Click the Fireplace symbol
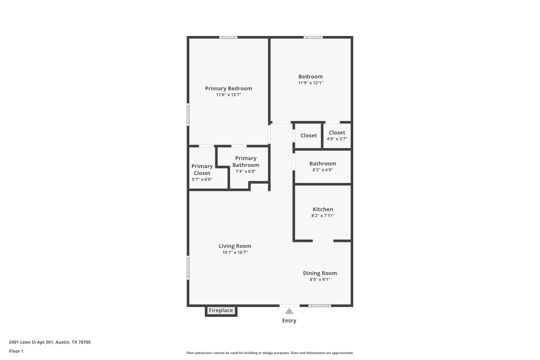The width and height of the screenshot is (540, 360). (x=221, y=311)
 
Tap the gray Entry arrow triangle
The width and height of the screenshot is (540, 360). (x=289, y=311)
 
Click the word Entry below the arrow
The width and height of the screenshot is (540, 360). (x=289, y=321)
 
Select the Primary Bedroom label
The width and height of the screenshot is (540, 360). (x=229, y=89)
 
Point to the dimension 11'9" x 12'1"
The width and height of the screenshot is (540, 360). (x=311, y=83)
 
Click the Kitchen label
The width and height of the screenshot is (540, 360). (x=323, y=209)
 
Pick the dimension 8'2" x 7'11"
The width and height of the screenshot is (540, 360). (x=323, y=216)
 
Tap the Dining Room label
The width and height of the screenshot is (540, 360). (x=320, y=273)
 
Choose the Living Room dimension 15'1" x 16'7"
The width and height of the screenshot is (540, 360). (x=235, y=252)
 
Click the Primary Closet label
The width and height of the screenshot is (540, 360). (x=202, y=170)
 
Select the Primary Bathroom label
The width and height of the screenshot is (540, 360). (x=246, y=162)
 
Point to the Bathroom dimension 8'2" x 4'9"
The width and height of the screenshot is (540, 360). (x=323, y=170)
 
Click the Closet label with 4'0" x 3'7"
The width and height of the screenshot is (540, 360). (x=337, y=133)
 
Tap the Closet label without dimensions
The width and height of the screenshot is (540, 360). (x=309, y=136)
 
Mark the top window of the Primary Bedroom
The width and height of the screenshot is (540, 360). (x=229, y=37)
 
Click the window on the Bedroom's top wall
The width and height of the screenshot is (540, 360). (x=313, y=37)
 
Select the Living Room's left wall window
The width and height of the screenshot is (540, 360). (x=188, y=267)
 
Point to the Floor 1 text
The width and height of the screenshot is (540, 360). (x=16, y=351)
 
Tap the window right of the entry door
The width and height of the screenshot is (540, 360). (x=320, y=306)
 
